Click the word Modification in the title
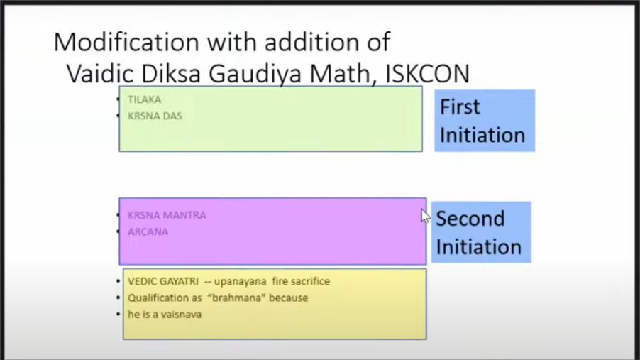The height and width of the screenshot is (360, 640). (x=126, y=42)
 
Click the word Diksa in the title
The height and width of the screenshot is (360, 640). (x=171, y=74)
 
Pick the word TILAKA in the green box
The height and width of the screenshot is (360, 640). (x=145, y=99)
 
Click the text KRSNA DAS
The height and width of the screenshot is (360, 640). (x=155, y=116)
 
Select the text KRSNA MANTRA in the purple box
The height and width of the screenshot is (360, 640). (x=167, y=215)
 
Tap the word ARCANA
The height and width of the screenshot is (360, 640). (x=148, y=231)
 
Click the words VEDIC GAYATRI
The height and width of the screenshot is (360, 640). (x=163, y=282)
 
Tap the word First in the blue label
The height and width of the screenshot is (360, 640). (x=460, y=107)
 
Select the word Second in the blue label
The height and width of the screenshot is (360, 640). (x=470, y=219)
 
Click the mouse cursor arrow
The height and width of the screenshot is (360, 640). (x=426, y=216)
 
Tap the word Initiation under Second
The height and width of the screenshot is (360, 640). (x=479, y=247)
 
